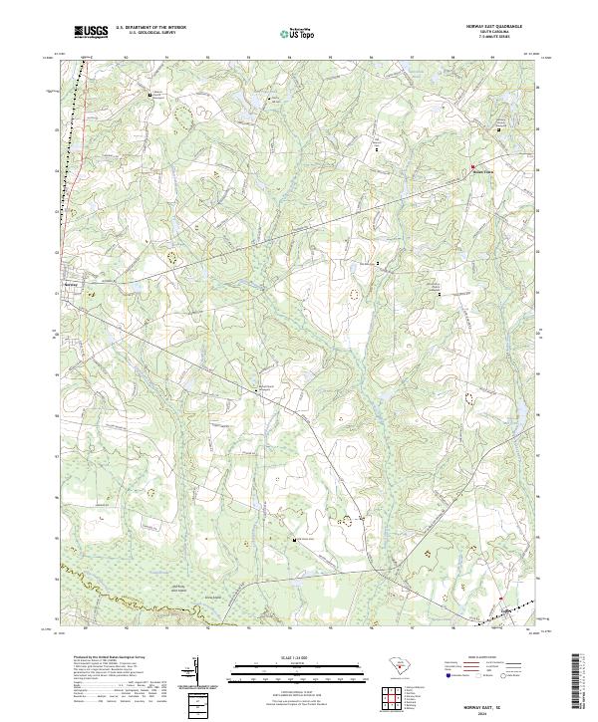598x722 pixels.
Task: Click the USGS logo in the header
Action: (91, 32)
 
